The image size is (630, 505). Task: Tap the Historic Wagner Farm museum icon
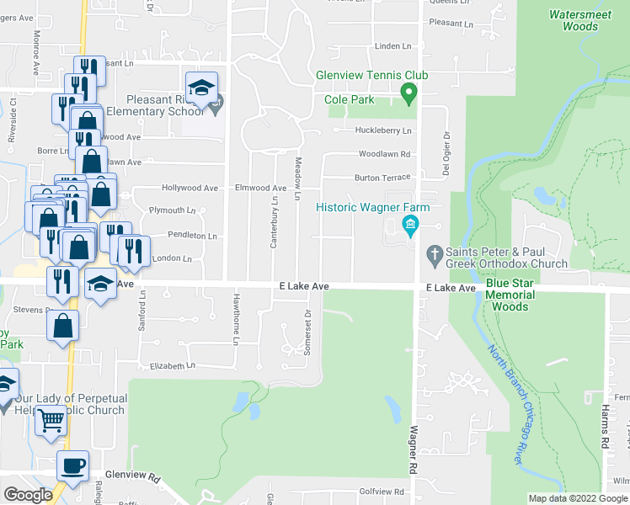point(410,223)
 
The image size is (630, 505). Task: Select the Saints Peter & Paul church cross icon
point(435,252)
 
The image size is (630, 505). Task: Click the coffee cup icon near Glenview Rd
point(72,465)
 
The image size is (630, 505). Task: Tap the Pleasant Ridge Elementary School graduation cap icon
point(202,88)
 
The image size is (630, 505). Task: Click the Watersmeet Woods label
point(573,20)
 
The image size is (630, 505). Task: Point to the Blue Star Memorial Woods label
point(510,300)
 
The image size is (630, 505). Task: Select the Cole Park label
point(350,99)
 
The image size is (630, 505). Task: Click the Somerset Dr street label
point(308,332)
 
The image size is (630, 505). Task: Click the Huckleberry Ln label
point(383,130)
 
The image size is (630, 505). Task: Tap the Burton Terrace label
point(382,178)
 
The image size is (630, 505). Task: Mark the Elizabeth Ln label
point(172,366)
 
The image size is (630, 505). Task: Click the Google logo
point(28,495)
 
